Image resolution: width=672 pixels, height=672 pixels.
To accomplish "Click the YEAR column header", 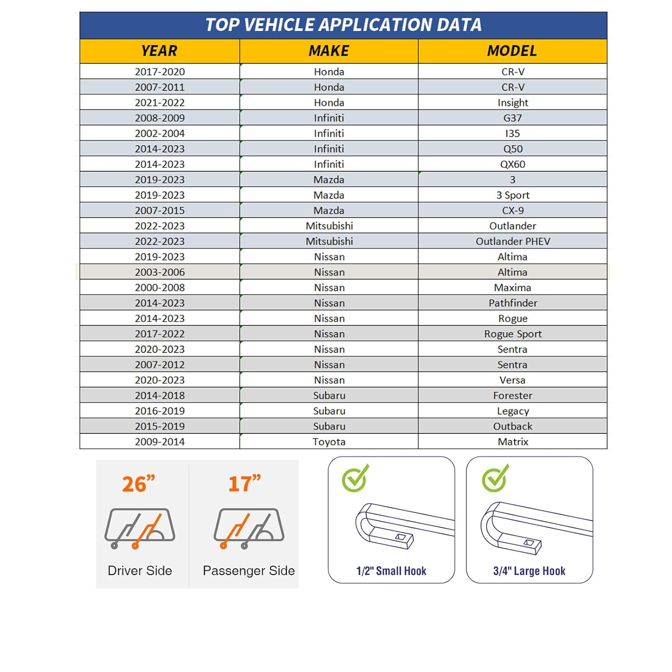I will pos(159,51).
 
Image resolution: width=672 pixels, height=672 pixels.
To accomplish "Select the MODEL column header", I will pos(512,51).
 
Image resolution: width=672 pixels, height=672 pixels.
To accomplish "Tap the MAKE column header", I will pos(329,51).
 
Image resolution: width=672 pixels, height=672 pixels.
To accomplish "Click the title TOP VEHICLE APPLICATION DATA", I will pos(343,25).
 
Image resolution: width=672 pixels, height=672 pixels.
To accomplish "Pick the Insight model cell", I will pos(513,103).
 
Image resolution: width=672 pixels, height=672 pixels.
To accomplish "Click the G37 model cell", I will pos(513,118).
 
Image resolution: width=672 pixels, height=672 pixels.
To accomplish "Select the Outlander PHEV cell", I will pos(513,241).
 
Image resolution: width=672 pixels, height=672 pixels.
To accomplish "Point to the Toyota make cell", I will pos(329,441).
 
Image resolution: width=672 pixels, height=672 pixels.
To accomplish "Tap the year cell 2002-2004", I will pos(159,134).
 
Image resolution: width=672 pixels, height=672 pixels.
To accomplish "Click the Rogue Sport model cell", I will pos(513,334).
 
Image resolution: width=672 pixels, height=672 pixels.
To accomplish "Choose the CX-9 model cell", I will pos(513,210).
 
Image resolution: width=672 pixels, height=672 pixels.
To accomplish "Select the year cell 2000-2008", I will pos(159,288).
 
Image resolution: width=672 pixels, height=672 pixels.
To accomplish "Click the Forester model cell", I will pos(513,395).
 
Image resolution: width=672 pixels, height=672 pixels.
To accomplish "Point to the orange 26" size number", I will pos(138,484).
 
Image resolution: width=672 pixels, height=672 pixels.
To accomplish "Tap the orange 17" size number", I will pos(244,484).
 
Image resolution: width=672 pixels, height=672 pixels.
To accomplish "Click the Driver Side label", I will pos(140,570).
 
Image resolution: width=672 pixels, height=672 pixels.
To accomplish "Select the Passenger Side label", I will pos(249,570).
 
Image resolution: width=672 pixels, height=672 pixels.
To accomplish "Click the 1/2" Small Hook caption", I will pos(391,571).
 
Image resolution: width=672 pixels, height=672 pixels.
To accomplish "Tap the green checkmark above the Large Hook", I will pos(495,478).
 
